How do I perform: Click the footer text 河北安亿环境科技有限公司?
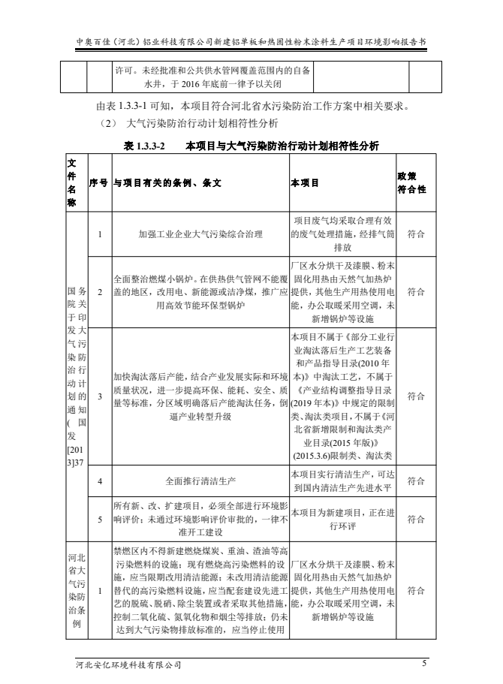128,664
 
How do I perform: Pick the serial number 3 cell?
99,396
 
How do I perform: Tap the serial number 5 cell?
99,518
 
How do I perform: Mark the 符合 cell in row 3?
415,396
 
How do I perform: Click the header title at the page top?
251,43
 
